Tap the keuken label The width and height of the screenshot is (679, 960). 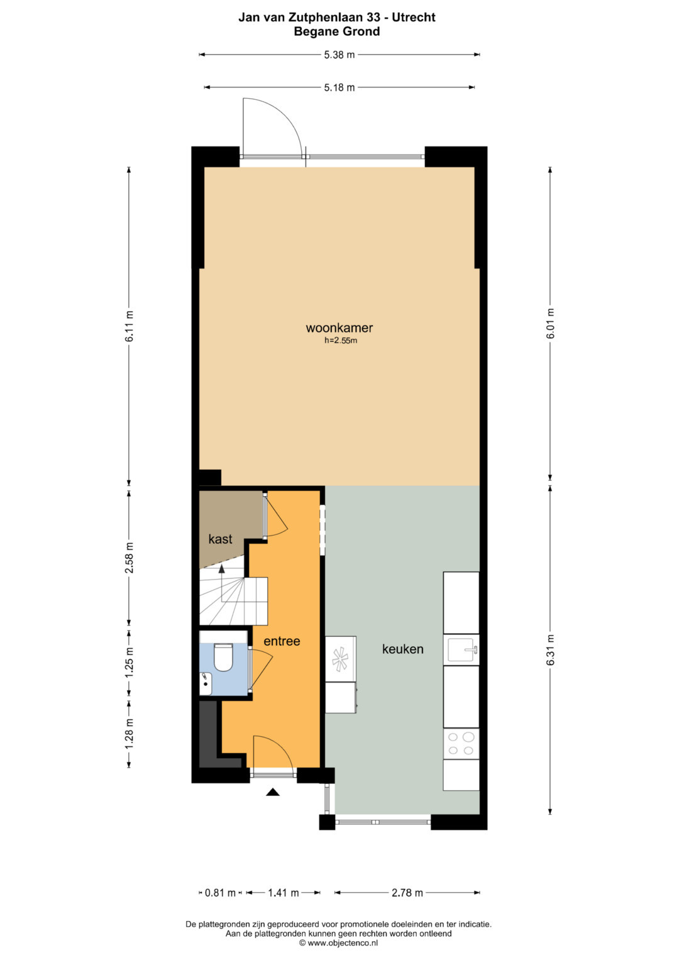tap(402, 649)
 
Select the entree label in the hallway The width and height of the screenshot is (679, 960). tap(282, 641)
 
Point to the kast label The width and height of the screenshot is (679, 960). tap(220, 539)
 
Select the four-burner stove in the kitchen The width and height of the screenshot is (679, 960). tap(461, 744)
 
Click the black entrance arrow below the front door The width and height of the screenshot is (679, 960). tap(273, 792)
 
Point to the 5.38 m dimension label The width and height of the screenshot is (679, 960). tap(339, 55)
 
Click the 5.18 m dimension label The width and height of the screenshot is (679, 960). tap(339, 88)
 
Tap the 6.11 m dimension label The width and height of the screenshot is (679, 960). tap(130, 326)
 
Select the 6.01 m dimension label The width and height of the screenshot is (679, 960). tap(550, 324)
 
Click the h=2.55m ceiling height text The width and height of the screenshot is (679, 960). tap(341, 341)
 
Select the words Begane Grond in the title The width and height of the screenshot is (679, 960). tap(337, 31)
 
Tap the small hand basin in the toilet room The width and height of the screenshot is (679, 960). tap(206, 684)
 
